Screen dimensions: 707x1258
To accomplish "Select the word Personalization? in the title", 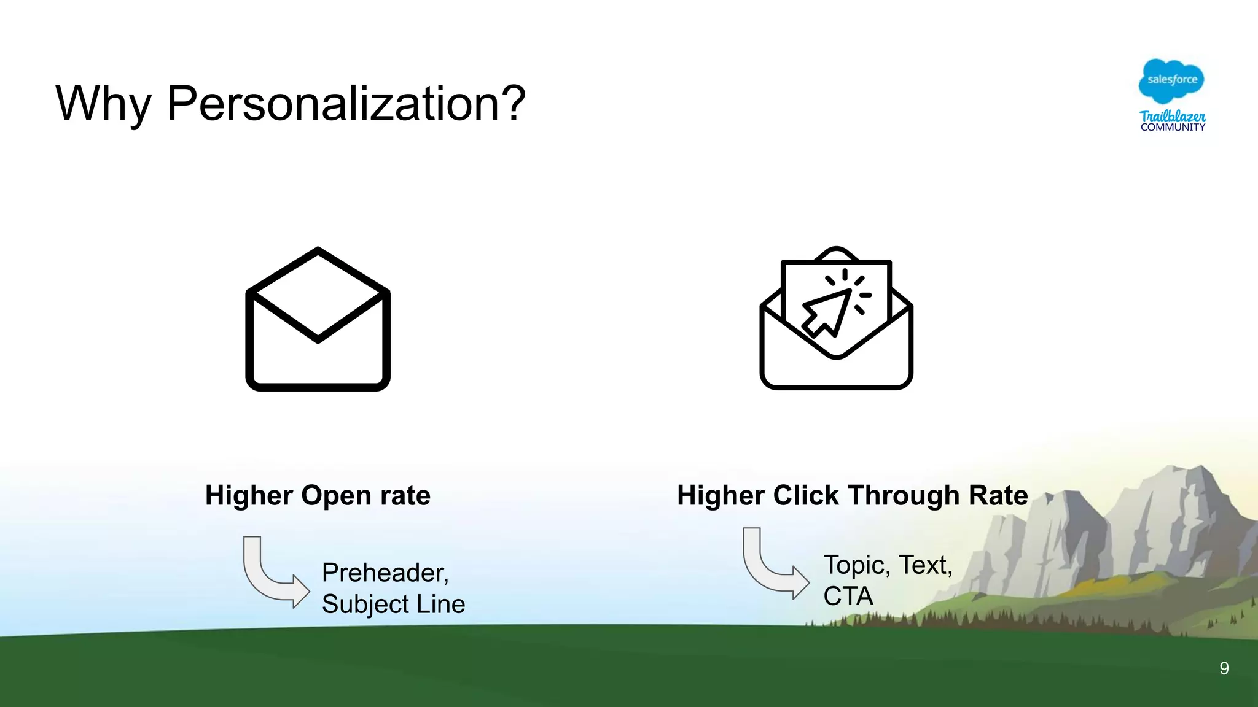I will click(x=346, y=104).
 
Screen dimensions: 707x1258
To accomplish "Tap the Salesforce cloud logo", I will click(x=1171, y=80).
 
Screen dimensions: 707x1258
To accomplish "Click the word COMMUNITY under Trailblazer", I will click(x=1173, y=128).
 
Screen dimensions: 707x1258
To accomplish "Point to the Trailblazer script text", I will click(x=1173, y=115).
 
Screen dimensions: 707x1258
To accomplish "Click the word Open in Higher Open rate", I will click(x=336, y=496).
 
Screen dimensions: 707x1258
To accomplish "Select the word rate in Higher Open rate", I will click(x=405, y=496).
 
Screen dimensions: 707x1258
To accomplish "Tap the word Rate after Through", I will click(x=998, y=496).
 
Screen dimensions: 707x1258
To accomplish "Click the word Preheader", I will click(x=385, y=573).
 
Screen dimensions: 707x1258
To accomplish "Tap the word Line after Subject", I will click(x=440, y=605).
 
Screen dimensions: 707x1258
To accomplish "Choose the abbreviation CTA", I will click(x=848, y=597).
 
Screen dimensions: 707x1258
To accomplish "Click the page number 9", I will click(x=1224, y=668).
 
